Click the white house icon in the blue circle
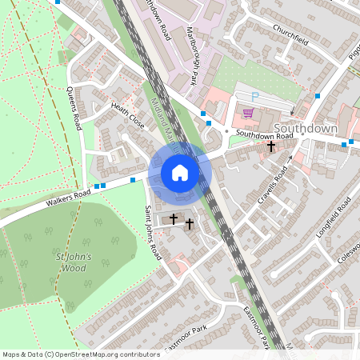[x=180, y=173]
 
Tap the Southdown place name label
[x=305, y=128]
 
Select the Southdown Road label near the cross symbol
[x=264, y=136]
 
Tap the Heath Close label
[x=128, y=117]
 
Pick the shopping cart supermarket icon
[x=248, y=113]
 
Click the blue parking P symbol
[x=255, y=96]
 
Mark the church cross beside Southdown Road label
[x=271, y=147]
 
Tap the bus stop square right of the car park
[x=318, y=96]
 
